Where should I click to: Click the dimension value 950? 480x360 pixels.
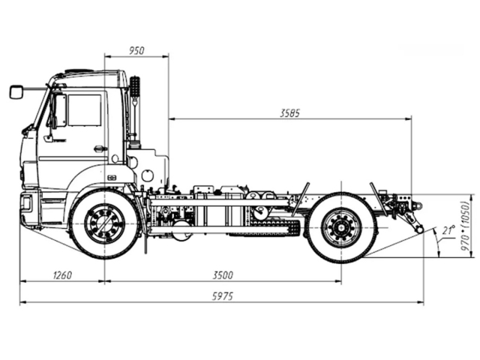point(136,50)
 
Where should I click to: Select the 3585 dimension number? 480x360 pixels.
point(289,113)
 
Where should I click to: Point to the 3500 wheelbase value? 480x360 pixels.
point(223,275)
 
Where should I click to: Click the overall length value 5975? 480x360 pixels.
point(223,296)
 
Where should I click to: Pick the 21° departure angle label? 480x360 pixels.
point(448,230)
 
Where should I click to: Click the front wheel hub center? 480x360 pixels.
point(104,223)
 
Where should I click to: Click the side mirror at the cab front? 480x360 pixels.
point(16,91)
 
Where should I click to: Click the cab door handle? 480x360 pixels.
point(99,148)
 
